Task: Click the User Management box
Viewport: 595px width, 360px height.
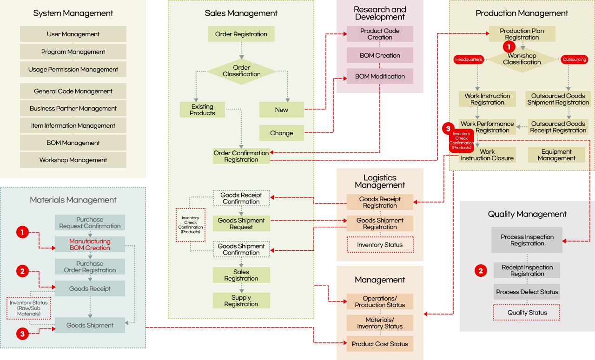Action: (x=73, y=34)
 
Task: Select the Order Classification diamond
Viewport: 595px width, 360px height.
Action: (x=241, y=71)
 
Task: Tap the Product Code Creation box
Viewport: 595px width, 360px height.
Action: (x=380, y=34)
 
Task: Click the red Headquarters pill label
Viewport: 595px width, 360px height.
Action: (x=469, y=59)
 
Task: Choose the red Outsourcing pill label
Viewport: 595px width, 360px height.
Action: (x=574, y=59)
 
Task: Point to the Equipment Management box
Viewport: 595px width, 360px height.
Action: (x=556, y=155)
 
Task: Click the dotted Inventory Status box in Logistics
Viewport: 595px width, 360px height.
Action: (x=380, y=245)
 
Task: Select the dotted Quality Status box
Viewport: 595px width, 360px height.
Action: (x=527, y=313)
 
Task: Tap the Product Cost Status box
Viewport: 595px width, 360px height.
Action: (x=380, y=344)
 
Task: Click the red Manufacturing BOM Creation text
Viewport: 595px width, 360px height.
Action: (x=90, y=244)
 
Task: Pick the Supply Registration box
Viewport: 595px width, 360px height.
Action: (x=241, y=301)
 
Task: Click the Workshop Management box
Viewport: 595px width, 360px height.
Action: (x=73, y=160)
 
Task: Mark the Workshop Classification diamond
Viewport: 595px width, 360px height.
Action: (x=522, y=59)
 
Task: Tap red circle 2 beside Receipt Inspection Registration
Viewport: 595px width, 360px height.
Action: (x=481, y=270)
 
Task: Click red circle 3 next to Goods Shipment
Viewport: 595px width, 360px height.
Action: (x=23, y=333)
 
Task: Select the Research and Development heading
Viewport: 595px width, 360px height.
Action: (x=380, y=13)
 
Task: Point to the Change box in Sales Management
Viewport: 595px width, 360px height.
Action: (x=282, y=133)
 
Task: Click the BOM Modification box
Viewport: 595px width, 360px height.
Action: (x=380, y=76)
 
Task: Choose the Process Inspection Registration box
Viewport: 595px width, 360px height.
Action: (x=527, y=240)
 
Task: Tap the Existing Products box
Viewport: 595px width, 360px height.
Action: (x=202, y=110)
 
